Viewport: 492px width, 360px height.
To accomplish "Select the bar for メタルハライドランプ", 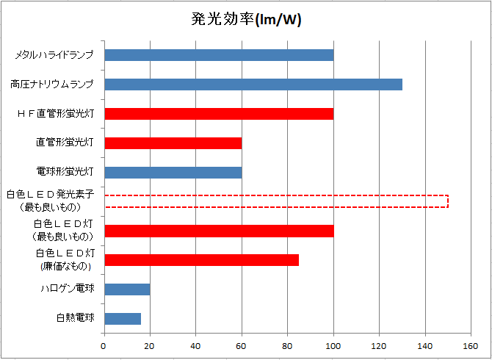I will click(219, 55).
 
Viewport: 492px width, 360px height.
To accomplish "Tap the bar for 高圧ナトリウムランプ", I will click(253, 84).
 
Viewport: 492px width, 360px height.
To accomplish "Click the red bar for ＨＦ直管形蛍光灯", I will click(219, 114).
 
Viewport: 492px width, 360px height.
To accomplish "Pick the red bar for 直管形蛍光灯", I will click(173, 143).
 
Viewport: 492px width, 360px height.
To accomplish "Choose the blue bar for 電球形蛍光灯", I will click(173, 173).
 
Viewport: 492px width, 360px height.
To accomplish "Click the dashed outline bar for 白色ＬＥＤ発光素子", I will click(276, 201).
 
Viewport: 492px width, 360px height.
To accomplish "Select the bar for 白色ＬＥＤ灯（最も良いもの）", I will click(219, 231).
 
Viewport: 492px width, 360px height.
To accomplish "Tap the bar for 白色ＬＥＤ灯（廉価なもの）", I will click(202, 259).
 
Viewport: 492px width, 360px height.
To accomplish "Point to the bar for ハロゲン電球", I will click(127, 289).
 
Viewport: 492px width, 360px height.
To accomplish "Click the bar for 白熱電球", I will click(123, 319).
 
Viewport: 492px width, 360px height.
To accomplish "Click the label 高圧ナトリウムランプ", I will click(52, 84).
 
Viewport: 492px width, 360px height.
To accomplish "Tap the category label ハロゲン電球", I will click(67, 289).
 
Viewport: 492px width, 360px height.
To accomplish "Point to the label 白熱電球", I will click(76, 318).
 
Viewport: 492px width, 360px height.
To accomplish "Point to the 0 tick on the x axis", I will click(104, 346).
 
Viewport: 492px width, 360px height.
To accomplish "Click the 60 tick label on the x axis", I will click(242, 346).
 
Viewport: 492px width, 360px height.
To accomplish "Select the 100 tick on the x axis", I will click(333, 346).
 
